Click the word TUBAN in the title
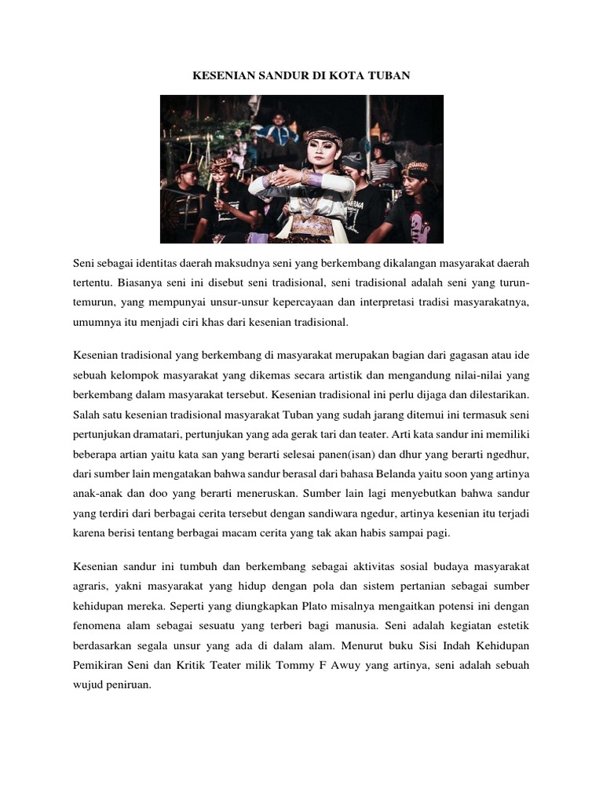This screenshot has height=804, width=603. pos(389,75)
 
